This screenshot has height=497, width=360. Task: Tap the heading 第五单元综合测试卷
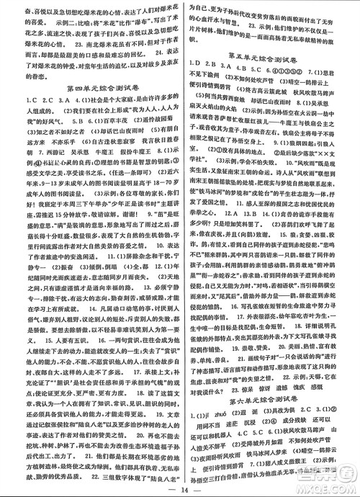tap(270, 74)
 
